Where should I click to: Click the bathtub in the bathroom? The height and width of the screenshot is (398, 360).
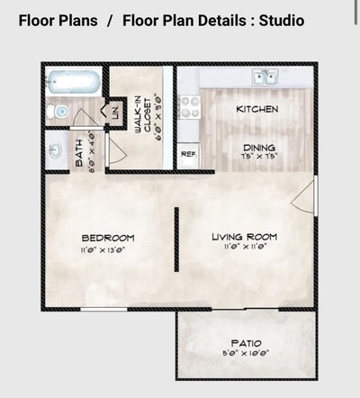pyautogui.click(x=73, y=83)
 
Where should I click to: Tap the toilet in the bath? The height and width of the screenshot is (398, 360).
pyautogui.click(x=59, y=112)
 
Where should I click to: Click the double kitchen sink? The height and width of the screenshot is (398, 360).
pyautogui.click(x=265, y=78)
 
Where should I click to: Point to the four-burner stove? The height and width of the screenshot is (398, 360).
pyautogui.click(x=190, y=107)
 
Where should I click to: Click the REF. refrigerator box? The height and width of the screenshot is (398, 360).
pyautogui.click(x=188, y=154)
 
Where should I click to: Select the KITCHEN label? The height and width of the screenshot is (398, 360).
pyautogui.click(x=256, y=109)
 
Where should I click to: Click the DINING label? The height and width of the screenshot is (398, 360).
pyautogui.click(x=258, y=148)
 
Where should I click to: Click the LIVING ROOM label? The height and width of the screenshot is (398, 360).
pyautogui.click(x=244, y=237)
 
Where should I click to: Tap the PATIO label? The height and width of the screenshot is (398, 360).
pyautogui.click(x=246, y=343)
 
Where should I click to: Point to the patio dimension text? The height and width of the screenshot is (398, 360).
pyautogui.click(x=246, y=354)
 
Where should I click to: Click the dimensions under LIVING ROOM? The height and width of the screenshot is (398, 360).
pyautogui.click(x=244, y=248)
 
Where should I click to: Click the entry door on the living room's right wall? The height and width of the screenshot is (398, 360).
pyautogui.click(x=310, y=196)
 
